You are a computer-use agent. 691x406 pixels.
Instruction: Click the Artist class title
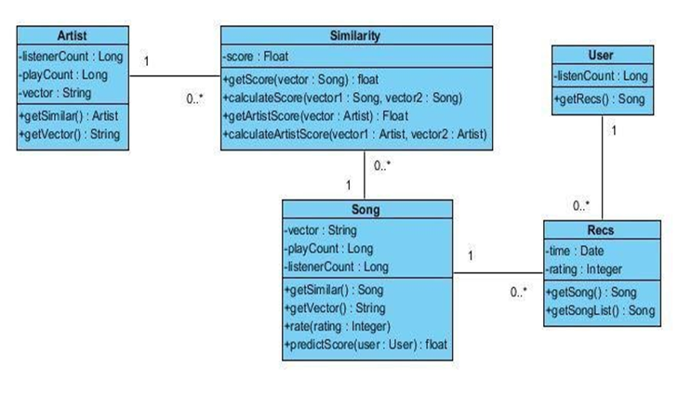[x=73, y=35]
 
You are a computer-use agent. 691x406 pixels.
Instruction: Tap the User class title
[x=600, y=55]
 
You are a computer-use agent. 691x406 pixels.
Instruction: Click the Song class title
[x=369, y=209]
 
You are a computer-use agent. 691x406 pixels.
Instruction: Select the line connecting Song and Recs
[x=499, y=273]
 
